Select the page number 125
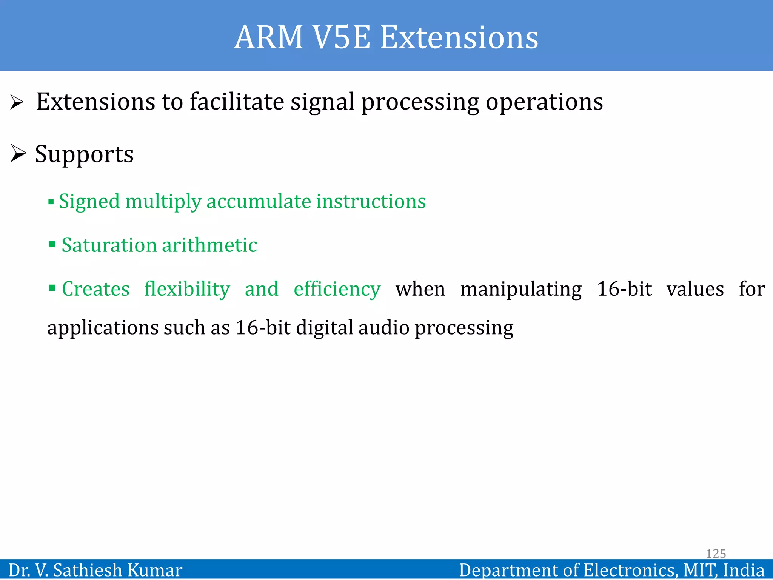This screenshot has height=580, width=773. click(x=716, y=554)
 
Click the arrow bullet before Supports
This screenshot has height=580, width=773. click(x=18, y=154)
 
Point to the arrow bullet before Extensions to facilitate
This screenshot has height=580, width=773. click(x=17, y=102)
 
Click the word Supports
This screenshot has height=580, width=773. click(x=84, y=154)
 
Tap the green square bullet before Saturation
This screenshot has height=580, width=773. click(x=52, y=244)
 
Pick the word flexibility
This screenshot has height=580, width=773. click(x=187, y=289)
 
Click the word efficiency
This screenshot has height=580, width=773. click(x=337, y=289)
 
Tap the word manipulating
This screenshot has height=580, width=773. click(x=521, y=289)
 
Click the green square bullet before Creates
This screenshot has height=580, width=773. click(x=52, y=288)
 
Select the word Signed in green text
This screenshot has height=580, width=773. click(x=89, y=201)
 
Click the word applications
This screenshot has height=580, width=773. click(x=102, y=328)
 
